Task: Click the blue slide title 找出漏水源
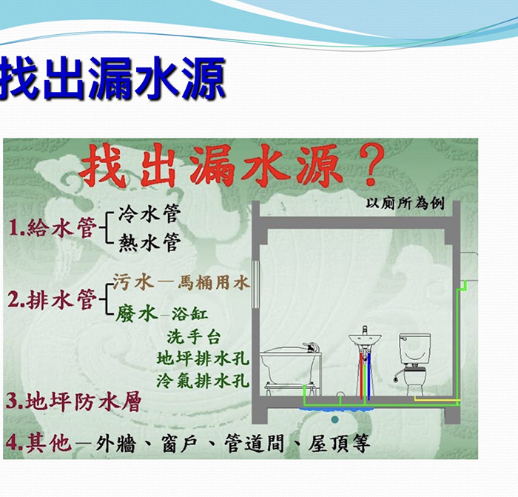coord(112,78)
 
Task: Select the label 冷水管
coord(149,213)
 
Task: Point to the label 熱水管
coord(149,242)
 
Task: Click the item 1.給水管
coord(53,227)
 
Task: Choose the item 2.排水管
coord(52,299)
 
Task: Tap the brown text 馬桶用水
coord(213,283)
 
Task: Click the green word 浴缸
coord(190,313)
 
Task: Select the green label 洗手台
coord(194,336)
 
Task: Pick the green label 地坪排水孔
coord(203,358)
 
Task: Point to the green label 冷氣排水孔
coord(203,380)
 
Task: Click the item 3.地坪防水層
coord(74,401)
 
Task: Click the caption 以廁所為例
coord(405,203)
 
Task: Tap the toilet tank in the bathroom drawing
coord(415,349)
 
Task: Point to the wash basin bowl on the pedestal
coord(365,339)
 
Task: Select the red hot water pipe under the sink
coord(361,374)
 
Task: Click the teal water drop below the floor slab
coord(335,420)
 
